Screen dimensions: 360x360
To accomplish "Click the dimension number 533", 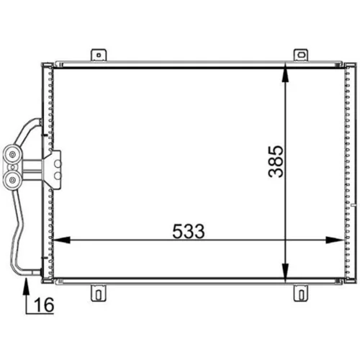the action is (x=189, y=231).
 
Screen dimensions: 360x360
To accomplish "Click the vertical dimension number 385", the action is (x=276, y=161).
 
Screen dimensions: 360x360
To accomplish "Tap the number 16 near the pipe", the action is (x=44, y=305).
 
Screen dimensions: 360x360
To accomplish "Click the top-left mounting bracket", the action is (x=99, y=55).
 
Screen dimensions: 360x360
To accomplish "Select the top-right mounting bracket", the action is (x=301, y=55).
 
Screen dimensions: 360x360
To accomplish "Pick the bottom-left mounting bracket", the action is (x=99, y=293).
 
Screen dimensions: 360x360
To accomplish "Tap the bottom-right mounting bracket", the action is (x=301, y=293).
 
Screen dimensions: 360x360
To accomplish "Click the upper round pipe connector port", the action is (x=12, y=155).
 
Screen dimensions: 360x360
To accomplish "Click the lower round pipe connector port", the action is (x=12, y=180).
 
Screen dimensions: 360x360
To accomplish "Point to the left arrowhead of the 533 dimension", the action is (x=61, y=240).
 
